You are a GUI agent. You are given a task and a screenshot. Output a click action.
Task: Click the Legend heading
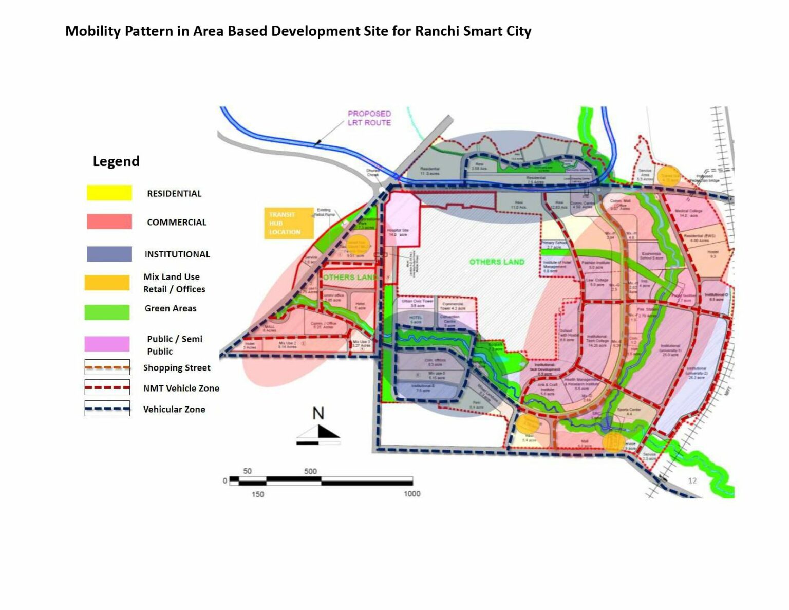tap(116, 161)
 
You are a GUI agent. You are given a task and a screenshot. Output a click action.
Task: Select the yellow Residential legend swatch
tap(109, 193)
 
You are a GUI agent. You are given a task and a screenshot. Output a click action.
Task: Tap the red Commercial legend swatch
tap(109, 221)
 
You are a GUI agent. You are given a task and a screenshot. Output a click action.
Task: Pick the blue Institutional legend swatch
tap(109, 254)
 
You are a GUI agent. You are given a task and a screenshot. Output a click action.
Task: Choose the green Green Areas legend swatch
tap(107, 312)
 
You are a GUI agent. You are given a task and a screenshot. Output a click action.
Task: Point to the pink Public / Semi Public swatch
tap(107, 343)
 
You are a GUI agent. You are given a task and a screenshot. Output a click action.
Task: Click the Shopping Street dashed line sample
tap(107, 367)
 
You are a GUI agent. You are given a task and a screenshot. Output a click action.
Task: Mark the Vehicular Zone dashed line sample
tap(107, 409)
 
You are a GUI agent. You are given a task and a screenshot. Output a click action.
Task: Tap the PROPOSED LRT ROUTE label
tap(369, 118)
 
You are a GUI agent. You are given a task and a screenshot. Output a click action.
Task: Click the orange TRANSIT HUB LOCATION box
tap(289, 223)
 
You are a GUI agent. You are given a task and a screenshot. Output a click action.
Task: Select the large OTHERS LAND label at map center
tap(497, 262)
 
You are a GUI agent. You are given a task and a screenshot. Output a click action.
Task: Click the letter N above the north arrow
tap(318, 413)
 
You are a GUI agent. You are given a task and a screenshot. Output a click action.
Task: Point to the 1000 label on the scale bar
tap(412, 494)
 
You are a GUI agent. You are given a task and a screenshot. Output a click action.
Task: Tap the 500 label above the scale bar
tap(310, 471)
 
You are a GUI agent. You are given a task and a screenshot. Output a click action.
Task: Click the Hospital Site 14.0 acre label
tap(398, 232)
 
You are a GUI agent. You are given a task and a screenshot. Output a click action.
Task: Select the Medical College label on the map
tap(688, 213)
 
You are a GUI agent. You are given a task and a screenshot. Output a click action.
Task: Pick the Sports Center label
tap(629, 411)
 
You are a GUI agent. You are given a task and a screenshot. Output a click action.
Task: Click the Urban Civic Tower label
tap(417, 303)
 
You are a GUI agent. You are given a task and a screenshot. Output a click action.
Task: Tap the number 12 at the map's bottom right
tap(692, 481)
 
